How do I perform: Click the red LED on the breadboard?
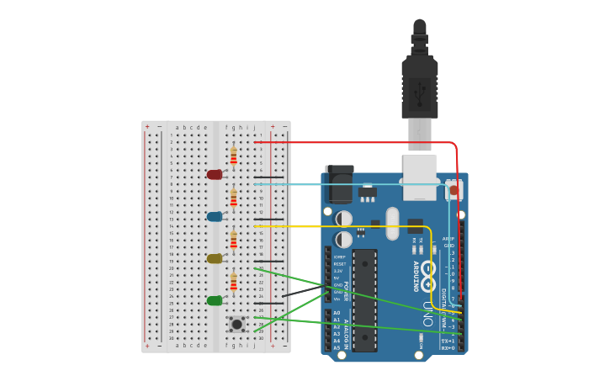[x=215, y=175]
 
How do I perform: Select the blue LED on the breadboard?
[x=215, y=217]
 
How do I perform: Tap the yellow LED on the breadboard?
[x=215, y=259]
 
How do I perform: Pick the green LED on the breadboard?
[x=215, y=300]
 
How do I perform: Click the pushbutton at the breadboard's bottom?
[x=237, y=324]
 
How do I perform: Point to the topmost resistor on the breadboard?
[x=233, y=156]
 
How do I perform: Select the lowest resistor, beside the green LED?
[x=233, y=282]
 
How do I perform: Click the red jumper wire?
[x=353, y=142]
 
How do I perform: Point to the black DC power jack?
[x=340, y=185]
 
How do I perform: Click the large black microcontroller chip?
[x=364, y=299]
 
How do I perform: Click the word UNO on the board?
[x=427, y=313]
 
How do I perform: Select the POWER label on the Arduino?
[x=345, y=291]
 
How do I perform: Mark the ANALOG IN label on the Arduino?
[x=345, y=329]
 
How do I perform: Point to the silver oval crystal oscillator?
[x=392, y=223]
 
